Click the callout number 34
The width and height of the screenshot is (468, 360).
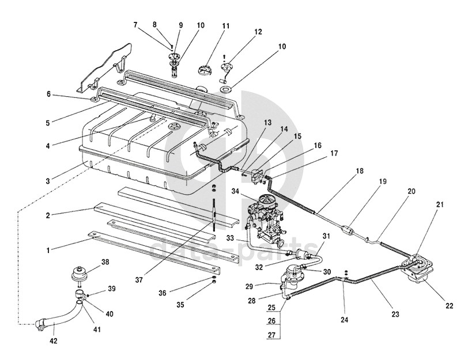coord(236,191)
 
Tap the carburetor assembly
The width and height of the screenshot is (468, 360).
coord(267,222)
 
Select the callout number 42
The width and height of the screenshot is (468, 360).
coord(54,341)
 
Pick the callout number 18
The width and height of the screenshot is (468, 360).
coord(360,171)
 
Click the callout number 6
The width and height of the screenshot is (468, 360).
coord(49,94)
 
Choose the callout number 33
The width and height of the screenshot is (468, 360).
coord(231,238)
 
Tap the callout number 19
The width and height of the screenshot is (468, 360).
coord(383,181)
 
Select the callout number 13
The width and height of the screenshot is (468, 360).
coord(267,123)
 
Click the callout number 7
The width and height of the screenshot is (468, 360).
coord(136,25)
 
